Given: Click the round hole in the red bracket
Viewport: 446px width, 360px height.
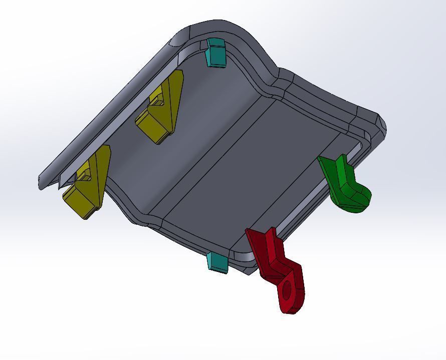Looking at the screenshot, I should (288, 290).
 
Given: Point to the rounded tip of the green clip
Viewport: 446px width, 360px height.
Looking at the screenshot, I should (363, 200).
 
